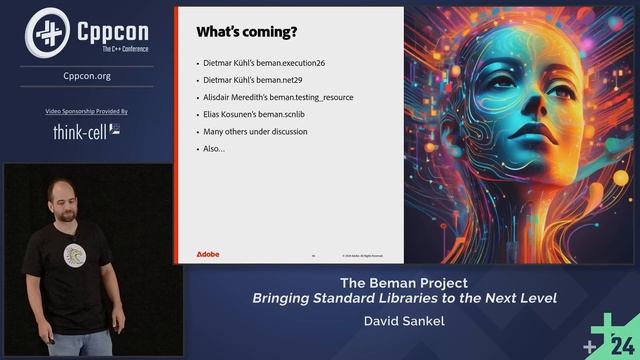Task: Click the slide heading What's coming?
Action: pos(246,32)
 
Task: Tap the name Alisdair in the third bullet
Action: pos(218,97)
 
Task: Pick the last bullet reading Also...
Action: pos(213,148)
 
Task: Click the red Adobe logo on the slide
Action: pos(208,254)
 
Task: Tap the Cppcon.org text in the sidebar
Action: pos(93,75)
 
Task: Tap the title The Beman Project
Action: pos(404,283)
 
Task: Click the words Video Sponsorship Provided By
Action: pos(93,111)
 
